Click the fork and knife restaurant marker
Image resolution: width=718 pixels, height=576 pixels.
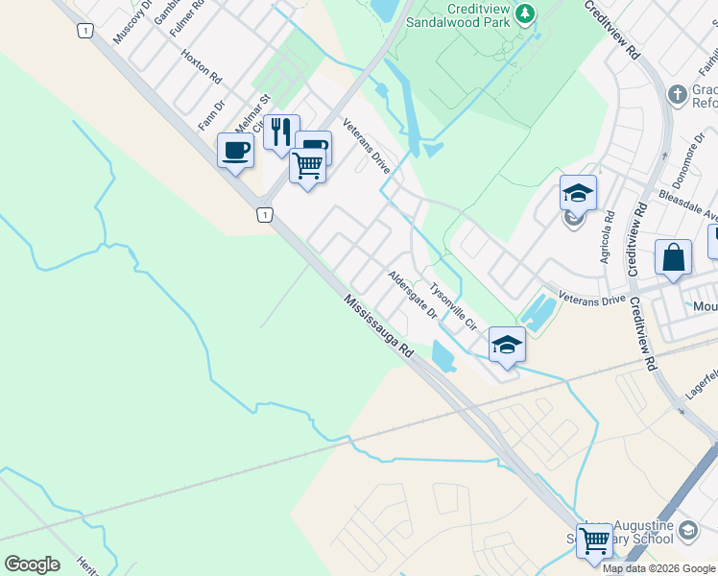(281, 132)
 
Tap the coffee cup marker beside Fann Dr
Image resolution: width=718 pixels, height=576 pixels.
(236, 150)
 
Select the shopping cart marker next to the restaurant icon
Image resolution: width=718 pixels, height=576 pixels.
(307, 166)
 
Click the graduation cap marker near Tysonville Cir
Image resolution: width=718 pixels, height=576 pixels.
(506, 345)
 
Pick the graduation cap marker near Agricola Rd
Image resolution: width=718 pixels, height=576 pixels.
(578, 193)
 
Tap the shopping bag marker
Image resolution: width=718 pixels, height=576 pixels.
(673, 257)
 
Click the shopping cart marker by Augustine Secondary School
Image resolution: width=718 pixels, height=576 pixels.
(594, 541)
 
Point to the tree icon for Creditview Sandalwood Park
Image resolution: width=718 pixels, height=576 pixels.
(524, 12)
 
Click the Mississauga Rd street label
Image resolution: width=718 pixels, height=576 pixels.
(380, 327)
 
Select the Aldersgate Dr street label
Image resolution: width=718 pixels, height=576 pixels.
(413, 295)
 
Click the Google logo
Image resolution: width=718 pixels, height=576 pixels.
(32, 564)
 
